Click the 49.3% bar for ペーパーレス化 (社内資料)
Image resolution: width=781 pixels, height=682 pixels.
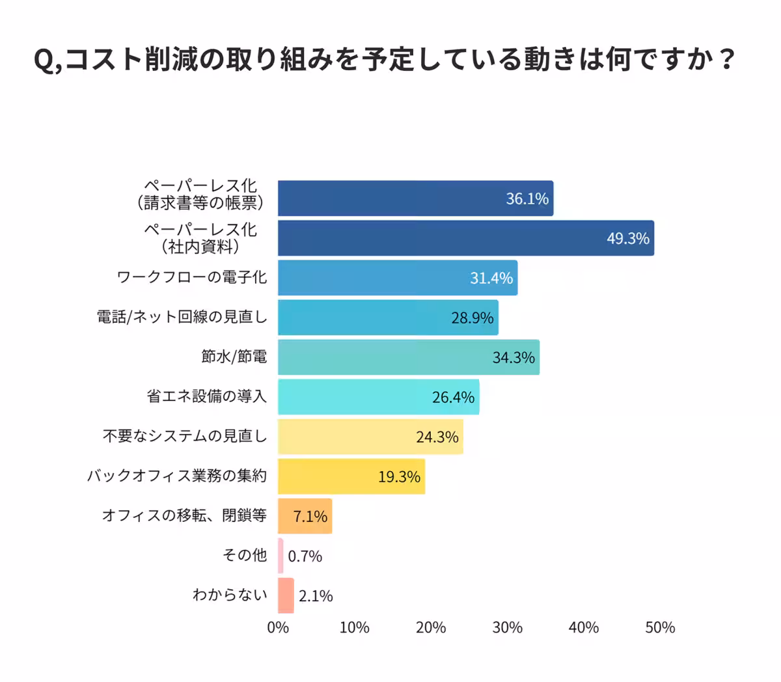point(465,238)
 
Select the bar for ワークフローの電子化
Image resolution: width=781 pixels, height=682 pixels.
point(397,278)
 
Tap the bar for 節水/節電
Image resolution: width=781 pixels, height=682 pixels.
point(408,357)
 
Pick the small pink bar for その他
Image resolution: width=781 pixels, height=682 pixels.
point(281,556)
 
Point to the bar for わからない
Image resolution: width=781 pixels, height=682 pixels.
point(286,595)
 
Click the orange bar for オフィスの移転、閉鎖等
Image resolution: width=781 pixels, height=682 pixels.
point(305,516)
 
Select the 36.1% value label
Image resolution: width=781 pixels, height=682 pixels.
point(527,198)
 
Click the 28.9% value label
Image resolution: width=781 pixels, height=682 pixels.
point(473,318)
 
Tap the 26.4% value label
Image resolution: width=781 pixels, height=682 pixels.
point(453,398)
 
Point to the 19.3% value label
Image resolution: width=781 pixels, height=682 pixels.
point(399,477)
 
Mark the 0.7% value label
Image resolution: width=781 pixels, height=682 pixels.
point(305,556)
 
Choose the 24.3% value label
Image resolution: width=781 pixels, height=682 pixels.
point(437,437)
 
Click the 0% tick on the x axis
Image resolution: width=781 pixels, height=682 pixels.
point(278,627)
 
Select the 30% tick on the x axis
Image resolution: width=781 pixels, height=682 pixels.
point(507,627)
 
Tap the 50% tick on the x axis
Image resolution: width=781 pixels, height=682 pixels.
point(660,627)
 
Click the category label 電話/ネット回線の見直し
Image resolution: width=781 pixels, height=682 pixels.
point(182,317)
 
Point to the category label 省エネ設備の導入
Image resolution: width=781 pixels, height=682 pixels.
point(207,396)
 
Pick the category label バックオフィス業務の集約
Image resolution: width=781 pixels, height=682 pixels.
point(177,476)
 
